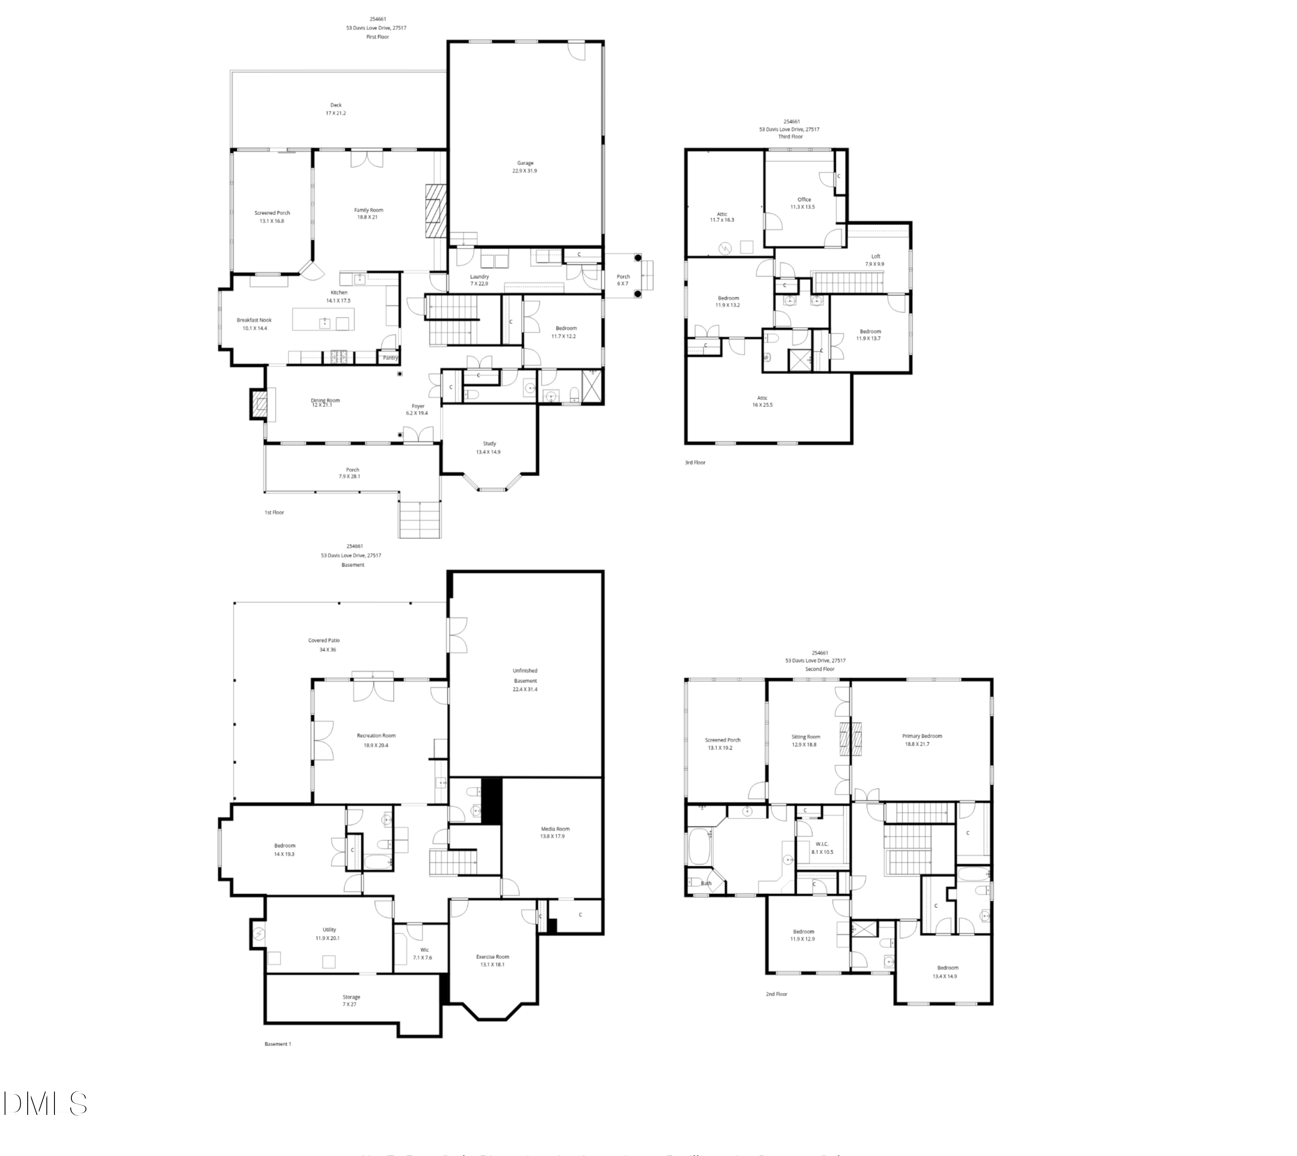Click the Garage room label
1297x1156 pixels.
pyautogui.click(x=525, y=163)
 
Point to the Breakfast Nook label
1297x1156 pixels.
pyautogui.click(x=254, y=320)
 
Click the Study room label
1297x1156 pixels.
pyautogui.click(x=489, y=444)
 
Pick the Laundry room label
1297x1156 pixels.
pyautogui.click(x=479, y=277)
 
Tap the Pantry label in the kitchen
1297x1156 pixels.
pyautogui.click(x=390, y=358)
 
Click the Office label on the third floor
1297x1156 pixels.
pyautogui.click(x=804, y=199)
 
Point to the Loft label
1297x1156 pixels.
pyautogui.click(x=875, y=257)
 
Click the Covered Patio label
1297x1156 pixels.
pyautogui.click(x=324, y=641)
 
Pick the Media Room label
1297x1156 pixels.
pyautogui.click(x=555, y=829)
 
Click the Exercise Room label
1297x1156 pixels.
pyautogui.click(x=493, y=957)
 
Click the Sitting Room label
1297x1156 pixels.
pyautogui.click(x=805, y=737)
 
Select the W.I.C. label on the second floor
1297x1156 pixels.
pyautogui.click(x=822, y=844)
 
